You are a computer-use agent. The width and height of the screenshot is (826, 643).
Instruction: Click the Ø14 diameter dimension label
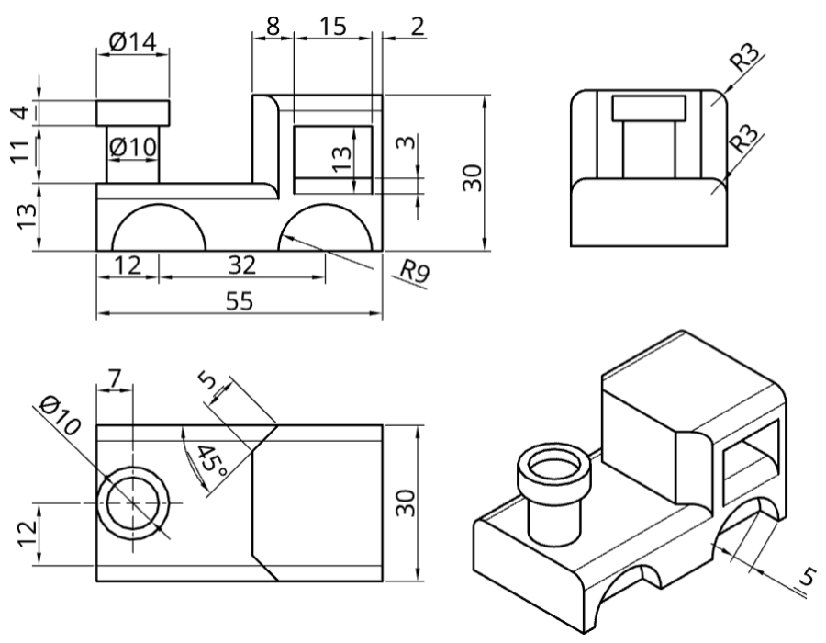(x=133, y=41)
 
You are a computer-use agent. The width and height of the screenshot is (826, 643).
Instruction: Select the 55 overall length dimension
(x=240, y=301)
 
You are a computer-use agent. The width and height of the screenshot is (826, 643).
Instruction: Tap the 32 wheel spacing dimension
(x=242, y=265)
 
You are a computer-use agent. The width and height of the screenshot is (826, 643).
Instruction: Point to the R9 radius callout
(x=415, y=271)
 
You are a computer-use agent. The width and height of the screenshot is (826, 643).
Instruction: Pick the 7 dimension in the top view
(x=115, y=378)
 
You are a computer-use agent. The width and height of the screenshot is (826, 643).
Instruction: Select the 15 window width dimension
(x=333, y=26)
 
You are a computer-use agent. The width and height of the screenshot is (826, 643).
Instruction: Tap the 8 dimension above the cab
(x=273, y=26)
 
